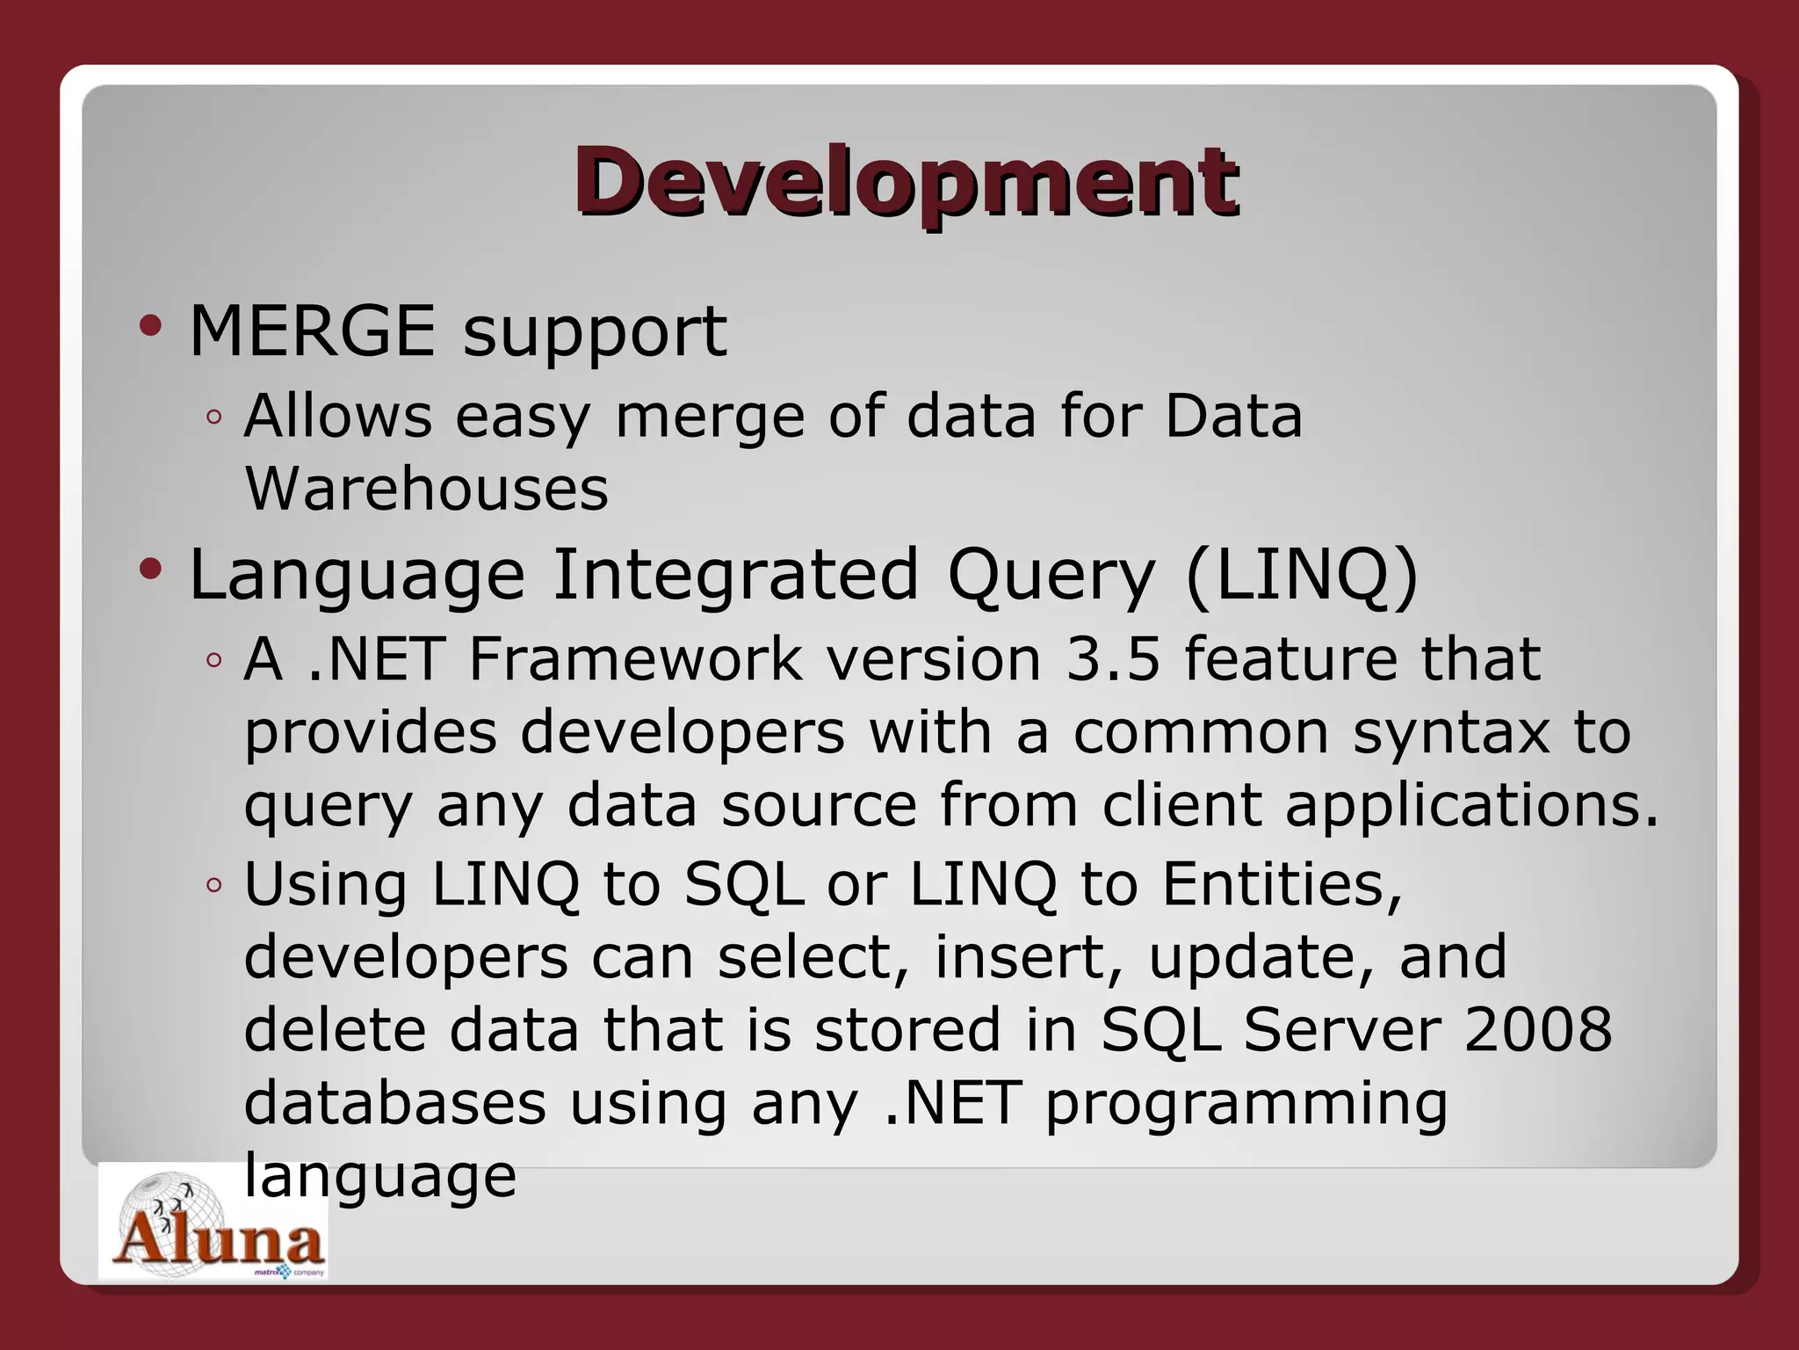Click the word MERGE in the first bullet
(x=312, y=331)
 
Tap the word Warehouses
(x=426, y=489)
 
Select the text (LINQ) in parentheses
(x=1301, y=576)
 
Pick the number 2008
(x=1538, y=1029)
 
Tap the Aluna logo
(x=213, y=1223)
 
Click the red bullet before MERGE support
(x=150, y=327)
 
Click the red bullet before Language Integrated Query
(x=150, y=570)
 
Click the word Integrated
(x=735, y=574)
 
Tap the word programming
(x=1246, y=1105)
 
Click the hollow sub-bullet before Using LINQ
(x=213, y=884)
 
